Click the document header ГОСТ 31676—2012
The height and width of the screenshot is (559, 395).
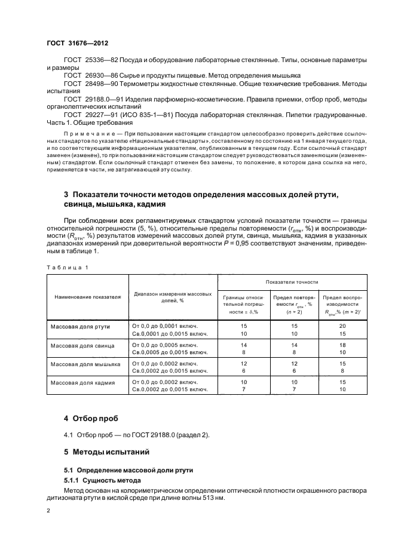point(77,44)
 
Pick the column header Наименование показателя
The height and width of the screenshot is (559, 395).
point(88,297)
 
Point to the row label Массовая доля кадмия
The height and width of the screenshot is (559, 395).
point(83,382)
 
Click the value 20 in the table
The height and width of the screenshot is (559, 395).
point(342,327)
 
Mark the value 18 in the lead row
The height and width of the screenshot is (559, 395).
point(342,345)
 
